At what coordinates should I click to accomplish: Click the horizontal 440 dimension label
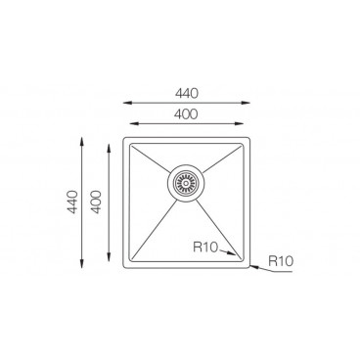click(x=187, y=94)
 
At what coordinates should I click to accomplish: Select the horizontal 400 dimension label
click(x=186, y=114)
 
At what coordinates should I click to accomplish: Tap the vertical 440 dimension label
click(x=72, y=202)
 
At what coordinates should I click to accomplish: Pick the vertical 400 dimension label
click(x=96, y=202)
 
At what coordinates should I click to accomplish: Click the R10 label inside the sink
click(x=205, y=247)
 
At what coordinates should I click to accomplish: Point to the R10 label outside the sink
click(x=281, y=261)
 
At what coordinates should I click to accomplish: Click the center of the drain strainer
click(x=186, y=183)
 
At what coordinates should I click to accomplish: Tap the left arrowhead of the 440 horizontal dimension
click(x=127, y=103)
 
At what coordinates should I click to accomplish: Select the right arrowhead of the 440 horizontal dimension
click(x=246, y=103)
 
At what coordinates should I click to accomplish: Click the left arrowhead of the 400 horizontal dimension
click(x=134, y=123)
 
